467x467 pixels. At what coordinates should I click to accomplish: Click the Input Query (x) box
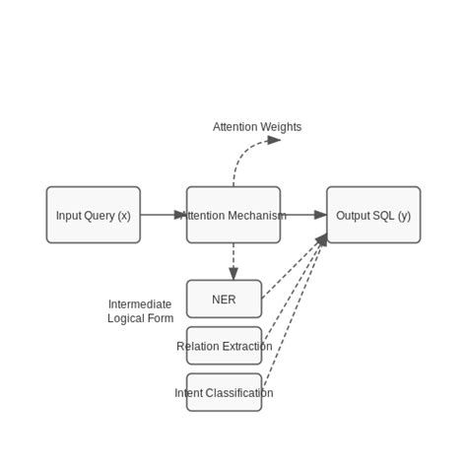93,215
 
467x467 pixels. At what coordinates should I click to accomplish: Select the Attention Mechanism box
233,215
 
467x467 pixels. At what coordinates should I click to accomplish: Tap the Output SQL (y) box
373,215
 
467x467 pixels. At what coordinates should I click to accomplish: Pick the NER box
224,300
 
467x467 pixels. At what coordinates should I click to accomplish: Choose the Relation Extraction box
224,346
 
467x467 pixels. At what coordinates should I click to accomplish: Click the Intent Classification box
224,392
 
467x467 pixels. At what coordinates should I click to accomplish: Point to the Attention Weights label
257,127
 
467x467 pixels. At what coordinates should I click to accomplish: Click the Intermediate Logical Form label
140,311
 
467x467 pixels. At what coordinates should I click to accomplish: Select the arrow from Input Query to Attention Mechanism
163,215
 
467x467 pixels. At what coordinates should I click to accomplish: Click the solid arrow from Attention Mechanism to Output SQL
303,215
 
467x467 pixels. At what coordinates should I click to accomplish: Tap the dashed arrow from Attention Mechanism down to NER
233,261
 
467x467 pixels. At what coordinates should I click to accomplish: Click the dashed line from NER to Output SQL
294,266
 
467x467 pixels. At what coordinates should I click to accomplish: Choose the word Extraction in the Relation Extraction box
246,346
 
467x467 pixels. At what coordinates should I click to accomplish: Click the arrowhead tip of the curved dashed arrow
281,140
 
